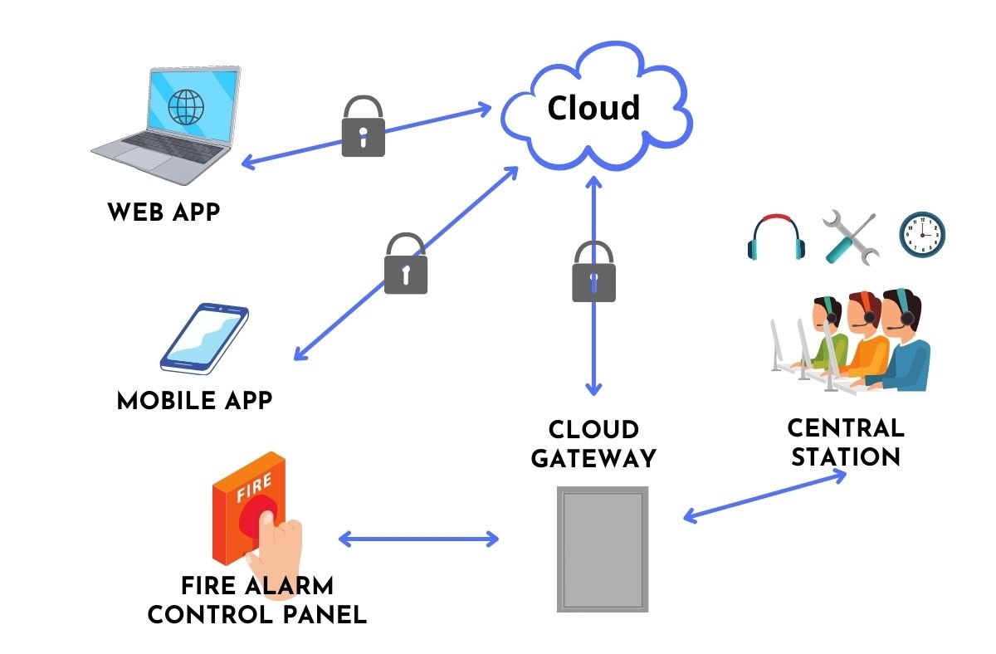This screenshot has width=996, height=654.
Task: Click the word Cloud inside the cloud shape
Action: click(593, 108)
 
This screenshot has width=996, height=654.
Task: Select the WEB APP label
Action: click(164, 212)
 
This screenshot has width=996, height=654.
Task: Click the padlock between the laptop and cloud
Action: click(363, 127)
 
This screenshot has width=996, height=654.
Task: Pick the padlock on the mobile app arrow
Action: click(406, 265)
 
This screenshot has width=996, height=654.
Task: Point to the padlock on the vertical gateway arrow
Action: click(593, 272)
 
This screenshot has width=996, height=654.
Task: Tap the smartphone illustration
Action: click(204, 338)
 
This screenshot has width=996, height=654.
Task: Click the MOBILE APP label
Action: click(195, 401)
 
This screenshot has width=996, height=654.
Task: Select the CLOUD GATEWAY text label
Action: click(593, 444)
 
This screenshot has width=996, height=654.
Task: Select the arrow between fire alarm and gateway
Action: click(418, 539)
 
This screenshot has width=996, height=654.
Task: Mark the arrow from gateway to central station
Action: click(764, 496)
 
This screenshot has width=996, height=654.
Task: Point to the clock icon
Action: click(922, 235)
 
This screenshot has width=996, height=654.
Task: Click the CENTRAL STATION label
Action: click(845, 442)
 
